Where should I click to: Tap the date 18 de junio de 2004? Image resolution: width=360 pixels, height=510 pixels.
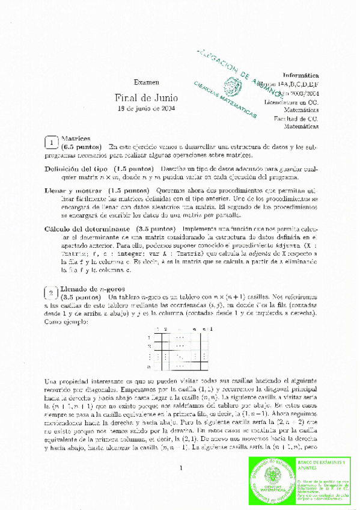click(x=146, y=109)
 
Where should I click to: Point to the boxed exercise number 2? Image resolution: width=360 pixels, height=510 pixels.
click(x=52, y=293)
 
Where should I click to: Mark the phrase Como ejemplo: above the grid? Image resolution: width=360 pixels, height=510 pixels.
click(x=66, y=321)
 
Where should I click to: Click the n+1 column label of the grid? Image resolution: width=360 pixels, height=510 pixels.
click(x=207, y=330)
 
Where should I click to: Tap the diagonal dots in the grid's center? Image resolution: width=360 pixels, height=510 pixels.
click(x=179, y=355)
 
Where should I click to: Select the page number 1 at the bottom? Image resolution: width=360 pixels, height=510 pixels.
click(x=180, y=468)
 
